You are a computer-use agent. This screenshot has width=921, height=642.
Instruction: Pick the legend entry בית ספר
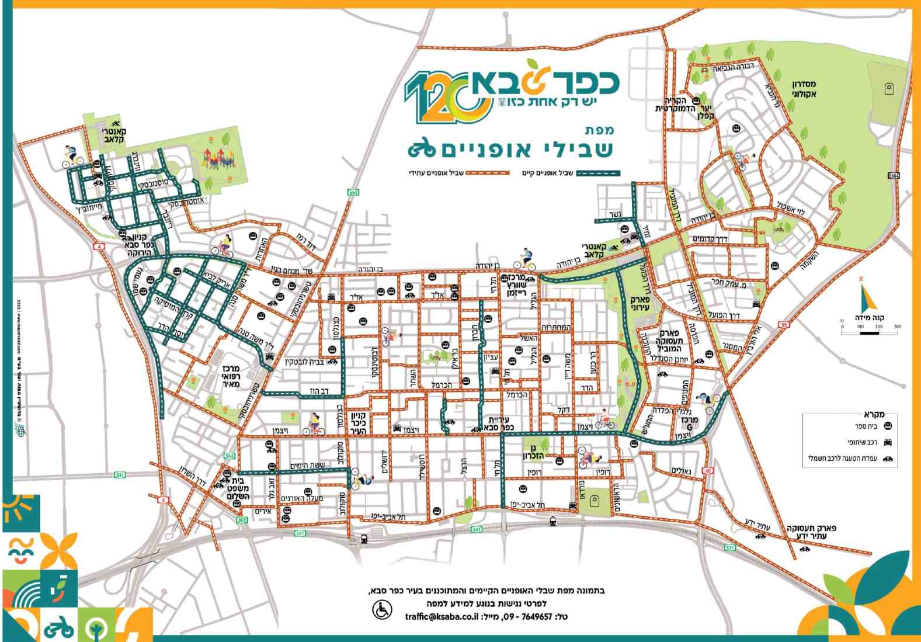pos(867,426)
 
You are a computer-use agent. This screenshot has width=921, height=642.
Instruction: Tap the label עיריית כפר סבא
pos(500,423)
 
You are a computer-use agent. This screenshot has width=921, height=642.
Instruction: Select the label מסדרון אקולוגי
pos(804,89)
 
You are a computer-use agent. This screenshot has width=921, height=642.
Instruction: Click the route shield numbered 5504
pos(894,175)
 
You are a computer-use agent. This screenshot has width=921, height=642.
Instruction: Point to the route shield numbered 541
pos(120,474)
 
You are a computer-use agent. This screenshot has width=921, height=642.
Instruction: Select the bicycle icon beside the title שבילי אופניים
pos(422,150)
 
